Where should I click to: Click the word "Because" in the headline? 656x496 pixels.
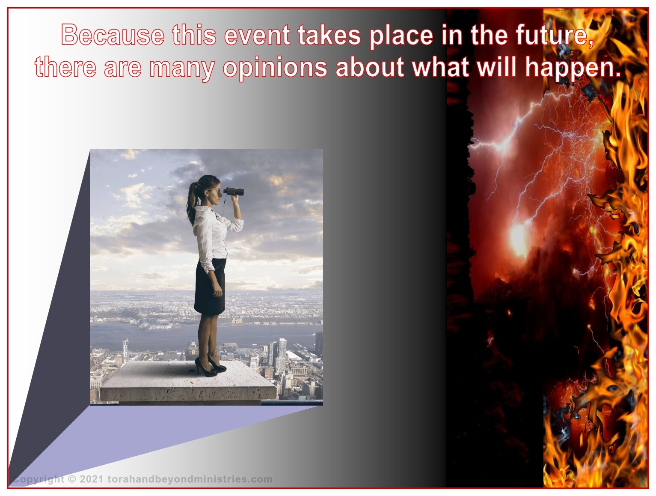[113, 35]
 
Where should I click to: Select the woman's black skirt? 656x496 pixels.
[210, 287]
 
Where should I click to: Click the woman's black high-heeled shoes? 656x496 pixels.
[211, 367]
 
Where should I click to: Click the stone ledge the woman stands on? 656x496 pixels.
[188, 382]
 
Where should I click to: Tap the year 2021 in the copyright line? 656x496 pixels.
[92, 479]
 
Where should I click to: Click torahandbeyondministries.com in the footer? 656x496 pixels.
[190, 479]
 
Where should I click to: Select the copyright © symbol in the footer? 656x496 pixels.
[72, 479]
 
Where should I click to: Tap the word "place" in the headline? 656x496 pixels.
[401, 36]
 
